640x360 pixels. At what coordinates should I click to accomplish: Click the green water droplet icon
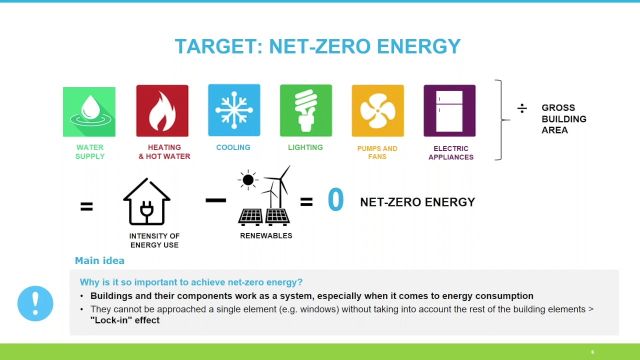[89, 111]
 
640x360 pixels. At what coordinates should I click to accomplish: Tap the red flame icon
[162, 111]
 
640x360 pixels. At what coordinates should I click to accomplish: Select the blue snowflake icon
[234, 110]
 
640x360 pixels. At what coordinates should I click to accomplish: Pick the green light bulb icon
[305, 110]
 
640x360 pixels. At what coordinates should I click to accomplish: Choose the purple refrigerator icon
[449, 110]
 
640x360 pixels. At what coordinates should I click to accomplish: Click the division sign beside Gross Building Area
[522, 108]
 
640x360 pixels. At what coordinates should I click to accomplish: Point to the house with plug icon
[146, 202]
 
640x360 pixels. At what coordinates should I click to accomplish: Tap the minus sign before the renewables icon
[215, 200]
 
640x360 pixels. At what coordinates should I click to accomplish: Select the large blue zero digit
[335, 200]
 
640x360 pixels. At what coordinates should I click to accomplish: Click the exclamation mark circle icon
[35, 303]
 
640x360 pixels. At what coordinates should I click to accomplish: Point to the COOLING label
[233, 147]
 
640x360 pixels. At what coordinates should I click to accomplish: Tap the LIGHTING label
[305, 147]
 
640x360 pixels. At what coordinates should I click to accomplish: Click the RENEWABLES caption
[266, 235]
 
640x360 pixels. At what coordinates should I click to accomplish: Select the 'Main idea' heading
[99, 260]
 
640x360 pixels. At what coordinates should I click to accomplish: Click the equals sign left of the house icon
[86, 206]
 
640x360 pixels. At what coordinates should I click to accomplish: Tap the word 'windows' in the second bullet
[315, 309]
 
